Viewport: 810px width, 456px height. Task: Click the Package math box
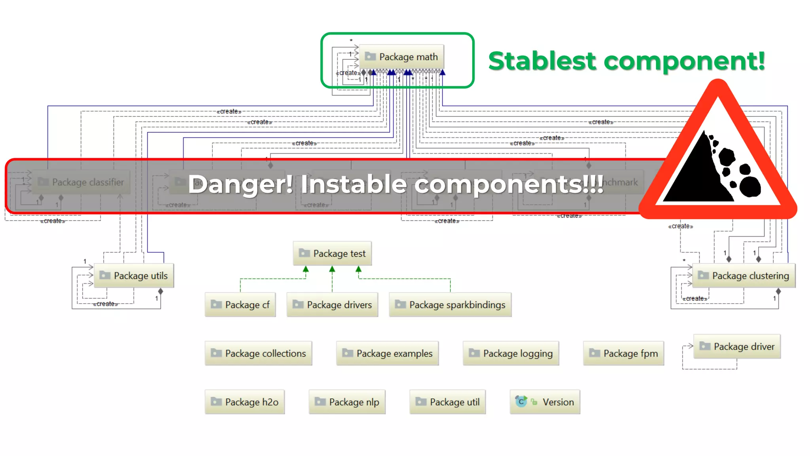401,57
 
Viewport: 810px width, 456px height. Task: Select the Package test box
332,253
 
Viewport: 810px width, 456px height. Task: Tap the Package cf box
240,304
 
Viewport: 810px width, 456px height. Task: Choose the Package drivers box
332,304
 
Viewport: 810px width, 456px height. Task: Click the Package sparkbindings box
450,304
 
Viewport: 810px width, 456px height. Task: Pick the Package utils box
134,275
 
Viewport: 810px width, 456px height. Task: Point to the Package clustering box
744,275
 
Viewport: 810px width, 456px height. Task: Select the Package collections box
258,353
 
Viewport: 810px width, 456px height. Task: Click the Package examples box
387,353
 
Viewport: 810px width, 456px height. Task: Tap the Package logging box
511,353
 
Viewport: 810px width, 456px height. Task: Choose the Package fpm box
623,353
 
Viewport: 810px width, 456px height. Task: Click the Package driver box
737,346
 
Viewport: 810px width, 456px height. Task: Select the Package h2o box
244,402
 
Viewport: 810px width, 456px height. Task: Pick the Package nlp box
347,402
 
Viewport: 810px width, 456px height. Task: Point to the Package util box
447,402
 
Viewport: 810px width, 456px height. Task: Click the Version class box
545,402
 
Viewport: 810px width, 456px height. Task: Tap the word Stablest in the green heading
542,61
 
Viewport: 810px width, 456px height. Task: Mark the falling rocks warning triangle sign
718,158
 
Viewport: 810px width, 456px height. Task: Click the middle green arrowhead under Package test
332,270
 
